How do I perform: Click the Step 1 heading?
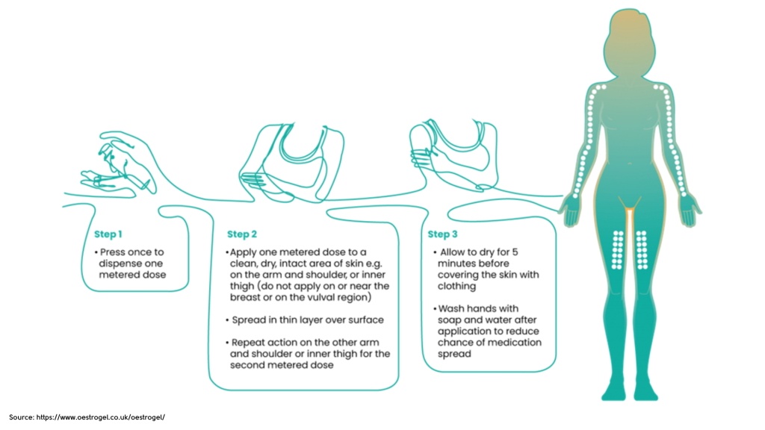pos(108,234)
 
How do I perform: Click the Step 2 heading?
pos(243,234)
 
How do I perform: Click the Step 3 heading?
pos(443,234)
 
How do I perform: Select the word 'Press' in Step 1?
pos(114,252)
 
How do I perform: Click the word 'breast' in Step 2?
pos(247,297)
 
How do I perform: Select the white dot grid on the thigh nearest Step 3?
pos(618,249)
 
